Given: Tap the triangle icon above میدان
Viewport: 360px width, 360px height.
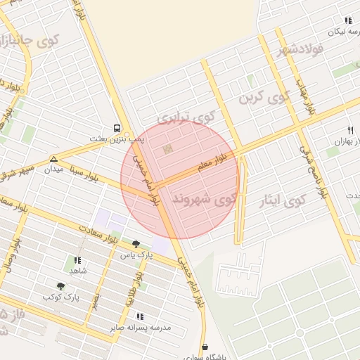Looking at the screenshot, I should tap(54, 159).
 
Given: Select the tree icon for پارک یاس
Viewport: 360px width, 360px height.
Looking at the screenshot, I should tap(136, 244).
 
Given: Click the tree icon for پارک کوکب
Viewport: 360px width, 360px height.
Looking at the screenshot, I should tap(61, 286).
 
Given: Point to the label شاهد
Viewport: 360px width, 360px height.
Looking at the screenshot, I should tap(77, 271).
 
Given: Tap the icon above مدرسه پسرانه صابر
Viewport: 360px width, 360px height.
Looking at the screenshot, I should tap(140, 317).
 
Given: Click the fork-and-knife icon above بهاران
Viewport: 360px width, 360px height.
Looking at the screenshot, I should tap(350, 130).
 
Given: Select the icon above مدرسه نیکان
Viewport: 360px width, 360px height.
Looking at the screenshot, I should tap(347, 21).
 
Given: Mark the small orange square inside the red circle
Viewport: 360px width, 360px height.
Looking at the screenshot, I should tap(167, 149).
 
